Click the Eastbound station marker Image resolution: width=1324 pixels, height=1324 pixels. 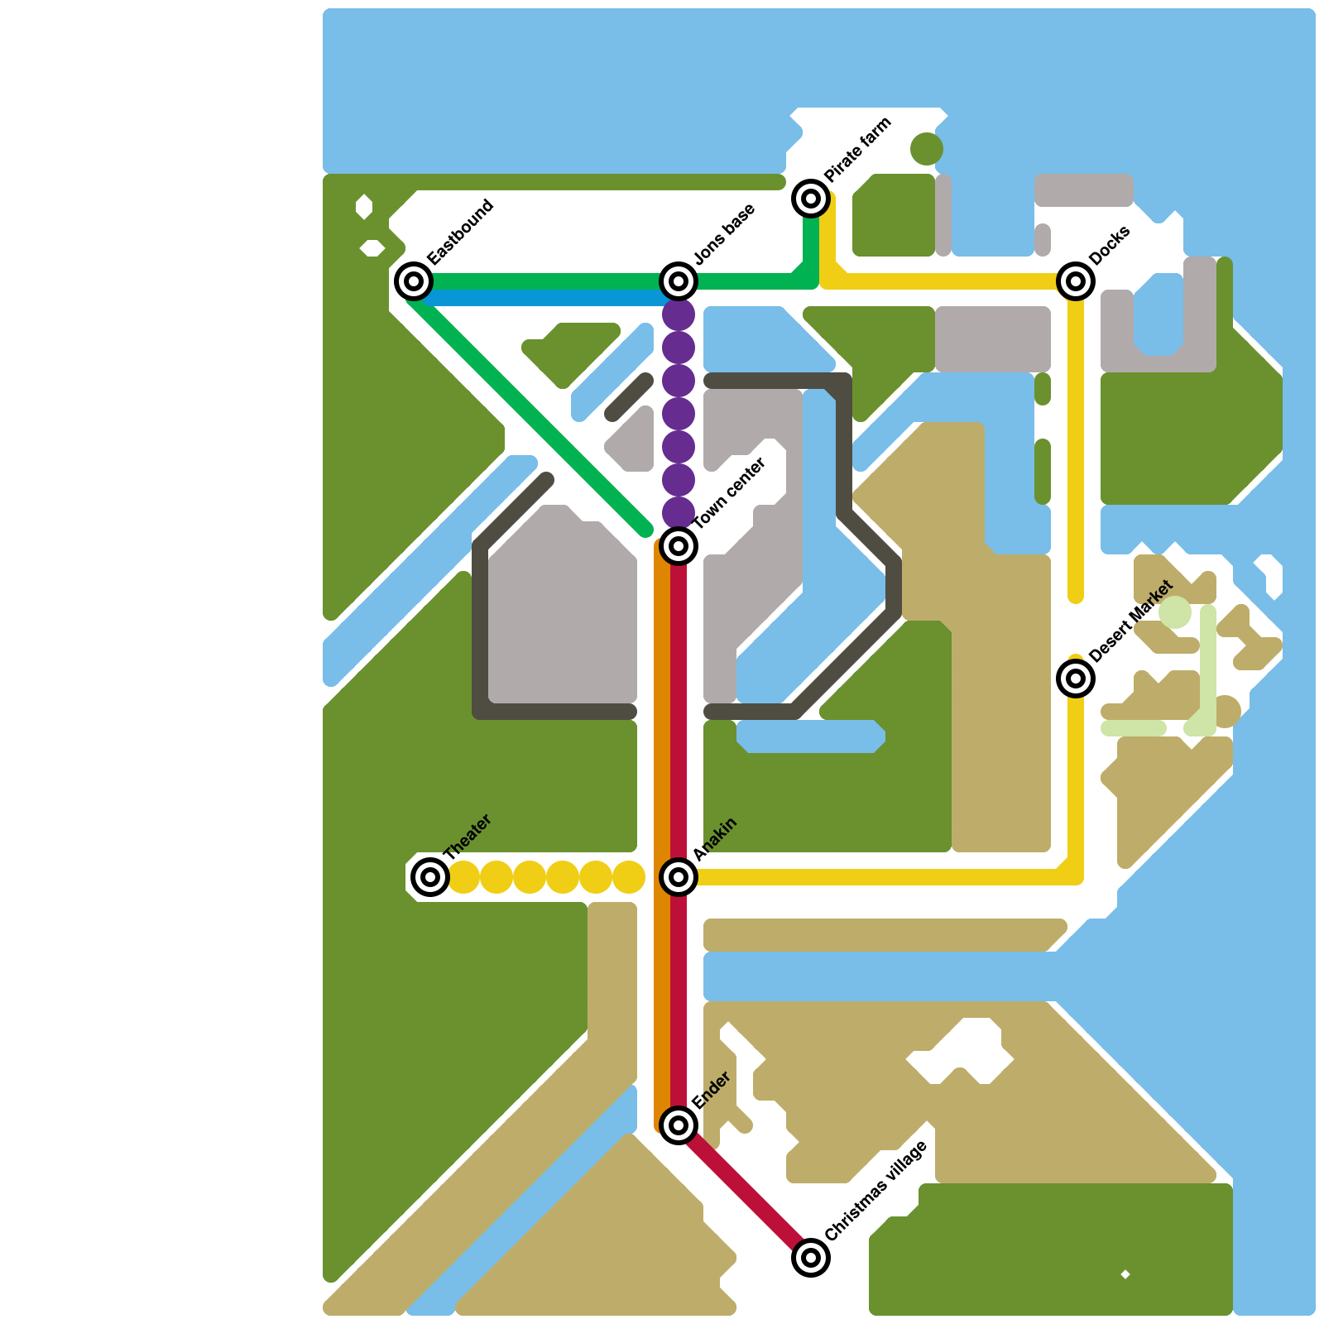click(x=414, y=281)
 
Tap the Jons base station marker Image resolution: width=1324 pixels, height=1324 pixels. click(x=679, y=281)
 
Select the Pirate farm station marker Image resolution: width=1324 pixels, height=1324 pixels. click(x=811, y=199)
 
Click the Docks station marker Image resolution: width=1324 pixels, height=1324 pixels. click(x=1076, y=281)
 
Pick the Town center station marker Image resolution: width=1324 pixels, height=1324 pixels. click(x=679, y=546)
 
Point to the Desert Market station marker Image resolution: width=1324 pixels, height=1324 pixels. click(x=1076, y=679)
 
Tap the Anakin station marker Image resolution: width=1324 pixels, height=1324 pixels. click(x=679, y=877)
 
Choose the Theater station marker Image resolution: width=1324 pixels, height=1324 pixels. click(x=430, y=877)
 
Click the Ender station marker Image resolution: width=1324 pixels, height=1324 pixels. click(x=679, y=1125)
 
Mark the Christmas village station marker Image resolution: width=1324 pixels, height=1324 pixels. click(x=811, y=1258)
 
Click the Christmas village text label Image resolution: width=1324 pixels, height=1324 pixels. click(x=876, y=1191)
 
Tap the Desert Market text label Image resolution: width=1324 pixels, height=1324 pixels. click(x=1131, y=621)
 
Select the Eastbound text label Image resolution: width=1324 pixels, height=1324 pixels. click(x=460, y=232)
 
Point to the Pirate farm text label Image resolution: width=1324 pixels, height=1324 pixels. click(x=858, y=149)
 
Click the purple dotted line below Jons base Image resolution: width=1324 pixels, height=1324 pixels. click(x=679, y=414)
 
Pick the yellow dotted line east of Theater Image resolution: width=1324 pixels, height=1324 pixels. click(x=546, y=877)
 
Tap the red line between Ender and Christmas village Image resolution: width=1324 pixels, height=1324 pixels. click(x=745, y=1192)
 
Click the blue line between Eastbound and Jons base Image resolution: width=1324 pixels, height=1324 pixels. click(x=546, y=297)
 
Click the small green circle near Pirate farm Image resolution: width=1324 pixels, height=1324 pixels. click(x=927, y=149)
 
